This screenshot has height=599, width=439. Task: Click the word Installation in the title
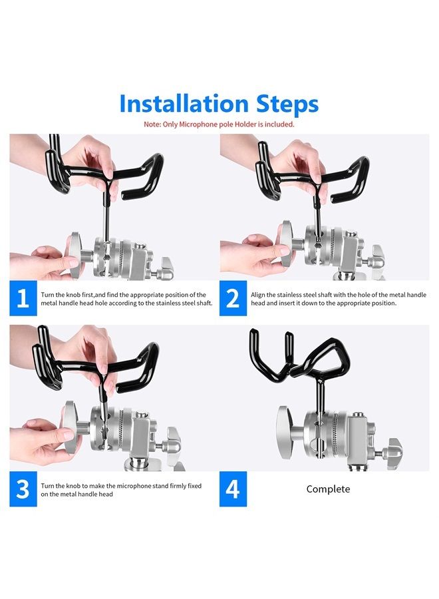184,103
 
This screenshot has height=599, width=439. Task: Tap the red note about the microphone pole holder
219,124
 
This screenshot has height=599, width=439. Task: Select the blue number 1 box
23,298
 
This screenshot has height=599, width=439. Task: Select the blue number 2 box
233,298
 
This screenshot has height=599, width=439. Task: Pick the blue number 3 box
23,489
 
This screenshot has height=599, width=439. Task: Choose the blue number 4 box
233,489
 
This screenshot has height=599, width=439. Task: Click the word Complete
329,489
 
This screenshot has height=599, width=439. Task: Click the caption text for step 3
121,490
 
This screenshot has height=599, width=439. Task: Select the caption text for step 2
338,299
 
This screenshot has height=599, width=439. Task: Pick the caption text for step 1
127,299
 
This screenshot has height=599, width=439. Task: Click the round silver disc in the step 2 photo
287,244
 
